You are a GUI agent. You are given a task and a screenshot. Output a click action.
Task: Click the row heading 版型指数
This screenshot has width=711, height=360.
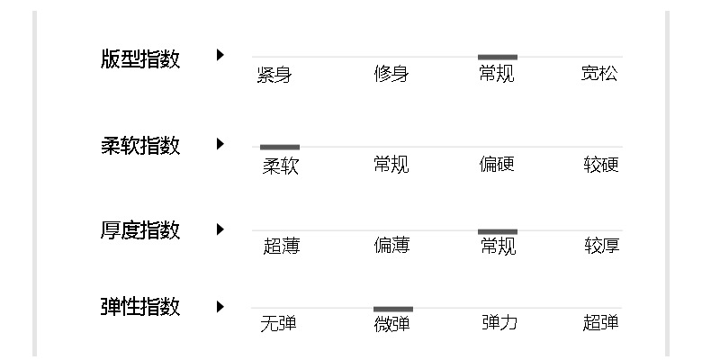coord(140,59)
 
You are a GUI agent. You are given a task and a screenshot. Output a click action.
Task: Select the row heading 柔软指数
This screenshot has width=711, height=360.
coord(140,146)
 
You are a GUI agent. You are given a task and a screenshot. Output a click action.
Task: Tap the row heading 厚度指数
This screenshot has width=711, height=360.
coord(140,230)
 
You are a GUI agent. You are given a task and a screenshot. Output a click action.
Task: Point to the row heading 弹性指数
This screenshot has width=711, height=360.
coord(140,308)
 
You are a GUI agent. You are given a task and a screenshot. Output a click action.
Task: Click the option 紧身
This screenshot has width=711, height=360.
coord(274,75)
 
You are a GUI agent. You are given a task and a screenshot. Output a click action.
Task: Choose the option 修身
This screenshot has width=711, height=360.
coord(391,75)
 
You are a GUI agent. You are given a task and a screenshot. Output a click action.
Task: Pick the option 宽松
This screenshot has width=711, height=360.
coord(599,75)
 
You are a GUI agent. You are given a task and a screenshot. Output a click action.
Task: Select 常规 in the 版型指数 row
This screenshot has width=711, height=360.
coord(497,75)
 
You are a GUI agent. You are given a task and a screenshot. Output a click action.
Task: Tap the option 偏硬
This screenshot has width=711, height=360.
coord(497,165)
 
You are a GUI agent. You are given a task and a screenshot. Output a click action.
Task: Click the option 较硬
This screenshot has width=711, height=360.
coord(601,165)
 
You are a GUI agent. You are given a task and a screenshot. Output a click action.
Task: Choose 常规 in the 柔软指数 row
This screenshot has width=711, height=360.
coord(391,165)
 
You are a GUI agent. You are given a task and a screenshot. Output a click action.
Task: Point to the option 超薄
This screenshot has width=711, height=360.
coord(281,246)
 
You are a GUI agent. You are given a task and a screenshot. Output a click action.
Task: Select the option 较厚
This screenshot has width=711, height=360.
coord(601,246)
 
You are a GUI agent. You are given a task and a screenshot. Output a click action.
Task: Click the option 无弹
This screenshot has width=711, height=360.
coord(278,323)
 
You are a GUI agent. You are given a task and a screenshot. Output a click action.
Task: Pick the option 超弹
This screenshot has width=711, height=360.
coord(600,323)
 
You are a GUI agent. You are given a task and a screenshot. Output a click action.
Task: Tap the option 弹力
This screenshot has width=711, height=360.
coord(499,323)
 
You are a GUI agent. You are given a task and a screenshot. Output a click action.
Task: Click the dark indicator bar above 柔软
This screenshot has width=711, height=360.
coord(280,147)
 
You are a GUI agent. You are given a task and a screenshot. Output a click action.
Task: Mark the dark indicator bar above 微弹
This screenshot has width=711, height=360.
coord(393,309)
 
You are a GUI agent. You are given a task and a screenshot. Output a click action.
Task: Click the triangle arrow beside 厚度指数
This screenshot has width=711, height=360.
coord(220,229)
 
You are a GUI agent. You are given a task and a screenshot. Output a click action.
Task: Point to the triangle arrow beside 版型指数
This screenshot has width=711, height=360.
coord(220,56)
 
